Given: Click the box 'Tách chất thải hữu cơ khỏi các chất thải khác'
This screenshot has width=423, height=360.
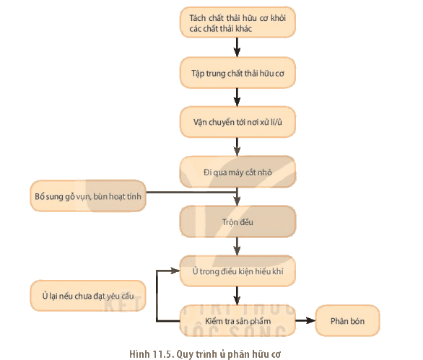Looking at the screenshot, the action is click(x=237, y=22).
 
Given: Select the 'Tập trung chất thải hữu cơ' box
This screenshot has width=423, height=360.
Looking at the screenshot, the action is click(x=237, y=73).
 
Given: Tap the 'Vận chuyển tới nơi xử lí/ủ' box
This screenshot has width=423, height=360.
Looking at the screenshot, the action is click(x=237, y=122).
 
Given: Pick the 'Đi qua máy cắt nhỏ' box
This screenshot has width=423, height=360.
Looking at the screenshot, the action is click(x=237, y=172).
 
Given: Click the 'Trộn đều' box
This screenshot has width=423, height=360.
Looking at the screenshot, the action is click(x=237, y=221).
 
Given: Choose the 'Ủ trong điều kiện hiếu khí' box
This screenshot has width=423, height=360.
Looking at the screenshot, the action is click(x=237, y=271).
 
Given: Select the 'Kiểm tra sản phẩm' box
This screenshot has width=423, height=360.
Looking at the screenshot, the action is click(x=237, y=321).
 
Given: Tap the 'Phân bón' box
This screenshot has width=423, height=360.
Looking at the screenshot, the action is click(x=347, y=321).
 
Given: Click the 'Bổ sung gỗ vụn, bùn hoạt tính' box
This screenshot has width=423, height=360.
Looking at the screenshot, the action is click(x=88, y=196).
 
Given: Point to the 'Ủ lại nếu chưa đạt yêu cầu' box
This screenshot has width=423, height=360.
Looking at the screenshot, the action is click(x=88, y=296).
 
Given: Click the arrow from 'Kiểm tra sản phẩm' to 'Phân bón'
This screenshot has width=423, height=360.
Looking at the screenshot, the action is click(x=305, y=320).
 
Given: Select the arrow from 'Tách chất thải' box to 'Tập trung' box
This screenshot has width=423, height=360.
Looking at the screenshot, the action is click(x=237, y=47).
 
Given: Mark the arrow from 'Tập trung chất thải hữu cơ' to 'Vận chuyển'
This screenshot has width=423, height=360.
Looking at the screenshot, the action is click(x=237, y=97).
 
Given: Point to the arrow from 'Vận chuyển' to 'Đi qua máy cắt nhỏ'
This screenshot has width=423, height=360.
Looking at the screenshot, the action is click(x=237, y=147).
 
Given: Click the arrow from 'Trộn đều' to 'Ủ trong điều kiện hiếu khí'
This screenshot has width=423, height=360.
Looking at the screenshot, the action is click(x=237, y=247).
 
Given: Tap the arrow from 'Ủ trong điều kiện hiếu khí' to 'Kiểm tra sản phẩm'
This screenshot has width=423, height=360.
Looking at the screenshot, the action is click(x=237, y=296).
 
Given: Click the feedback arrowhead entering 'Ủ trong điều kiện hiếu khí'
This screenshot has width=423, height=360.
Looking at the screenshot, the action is click(x=175, y=271).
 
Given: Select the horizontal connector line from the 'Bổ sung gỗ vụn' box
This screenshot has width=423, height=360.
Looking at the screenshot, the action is click(x=191, y=193).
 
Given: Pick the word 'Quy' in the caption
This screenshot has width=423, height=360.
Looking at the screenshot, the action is click(x=184, y=354).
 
